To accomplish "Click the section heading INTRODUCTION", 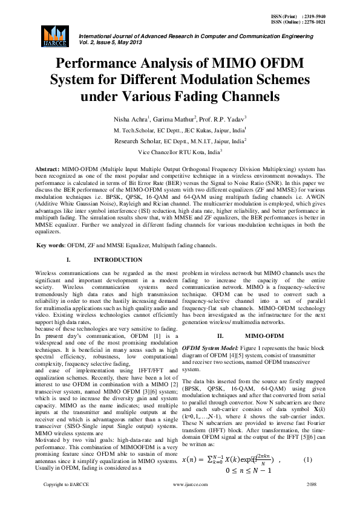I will pos(118,260).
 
